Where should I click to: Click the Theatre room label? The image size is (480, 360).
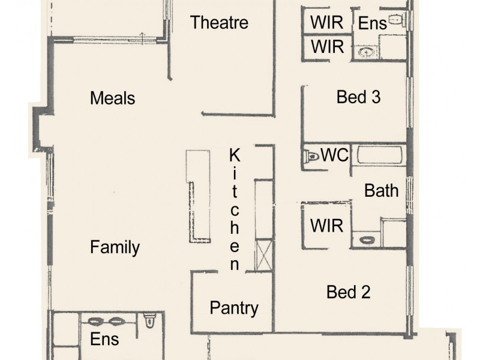[x=219, y=23]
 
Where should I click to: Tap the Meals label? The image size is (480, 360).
[x=112, y=98]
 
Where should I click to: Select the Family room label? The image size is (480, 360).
[x=115, y=247]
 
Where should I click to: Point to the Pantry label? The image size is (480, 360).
[x=234, y=308]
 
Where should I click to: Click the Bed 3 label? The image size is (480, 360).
[x=358, y=97]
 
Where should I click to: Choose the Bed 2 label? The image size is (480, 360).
[x=348, y=292]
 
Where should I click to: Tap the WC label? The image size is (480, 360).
[x=334, y=155]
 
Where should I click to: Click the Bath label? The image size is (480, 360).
[x=382, y=191]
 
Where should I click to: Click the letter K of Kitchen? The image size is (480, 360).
[x=235, y=155]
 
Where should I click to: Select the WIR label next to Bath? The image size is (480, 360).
[x=326, y=226]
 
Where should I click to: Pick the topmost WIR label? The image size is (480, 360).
[x=326, y=23]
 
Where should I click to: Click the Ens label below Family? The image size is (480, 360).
[x=104, y=339]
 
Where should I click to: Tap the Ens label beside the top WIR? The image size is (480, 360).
[x=372, y=23]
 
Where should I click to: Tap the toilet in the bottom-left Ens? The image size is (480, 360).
[x=150, y=323]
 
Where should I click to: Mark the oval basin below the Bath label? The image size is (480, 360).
[x=366, y=240]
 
